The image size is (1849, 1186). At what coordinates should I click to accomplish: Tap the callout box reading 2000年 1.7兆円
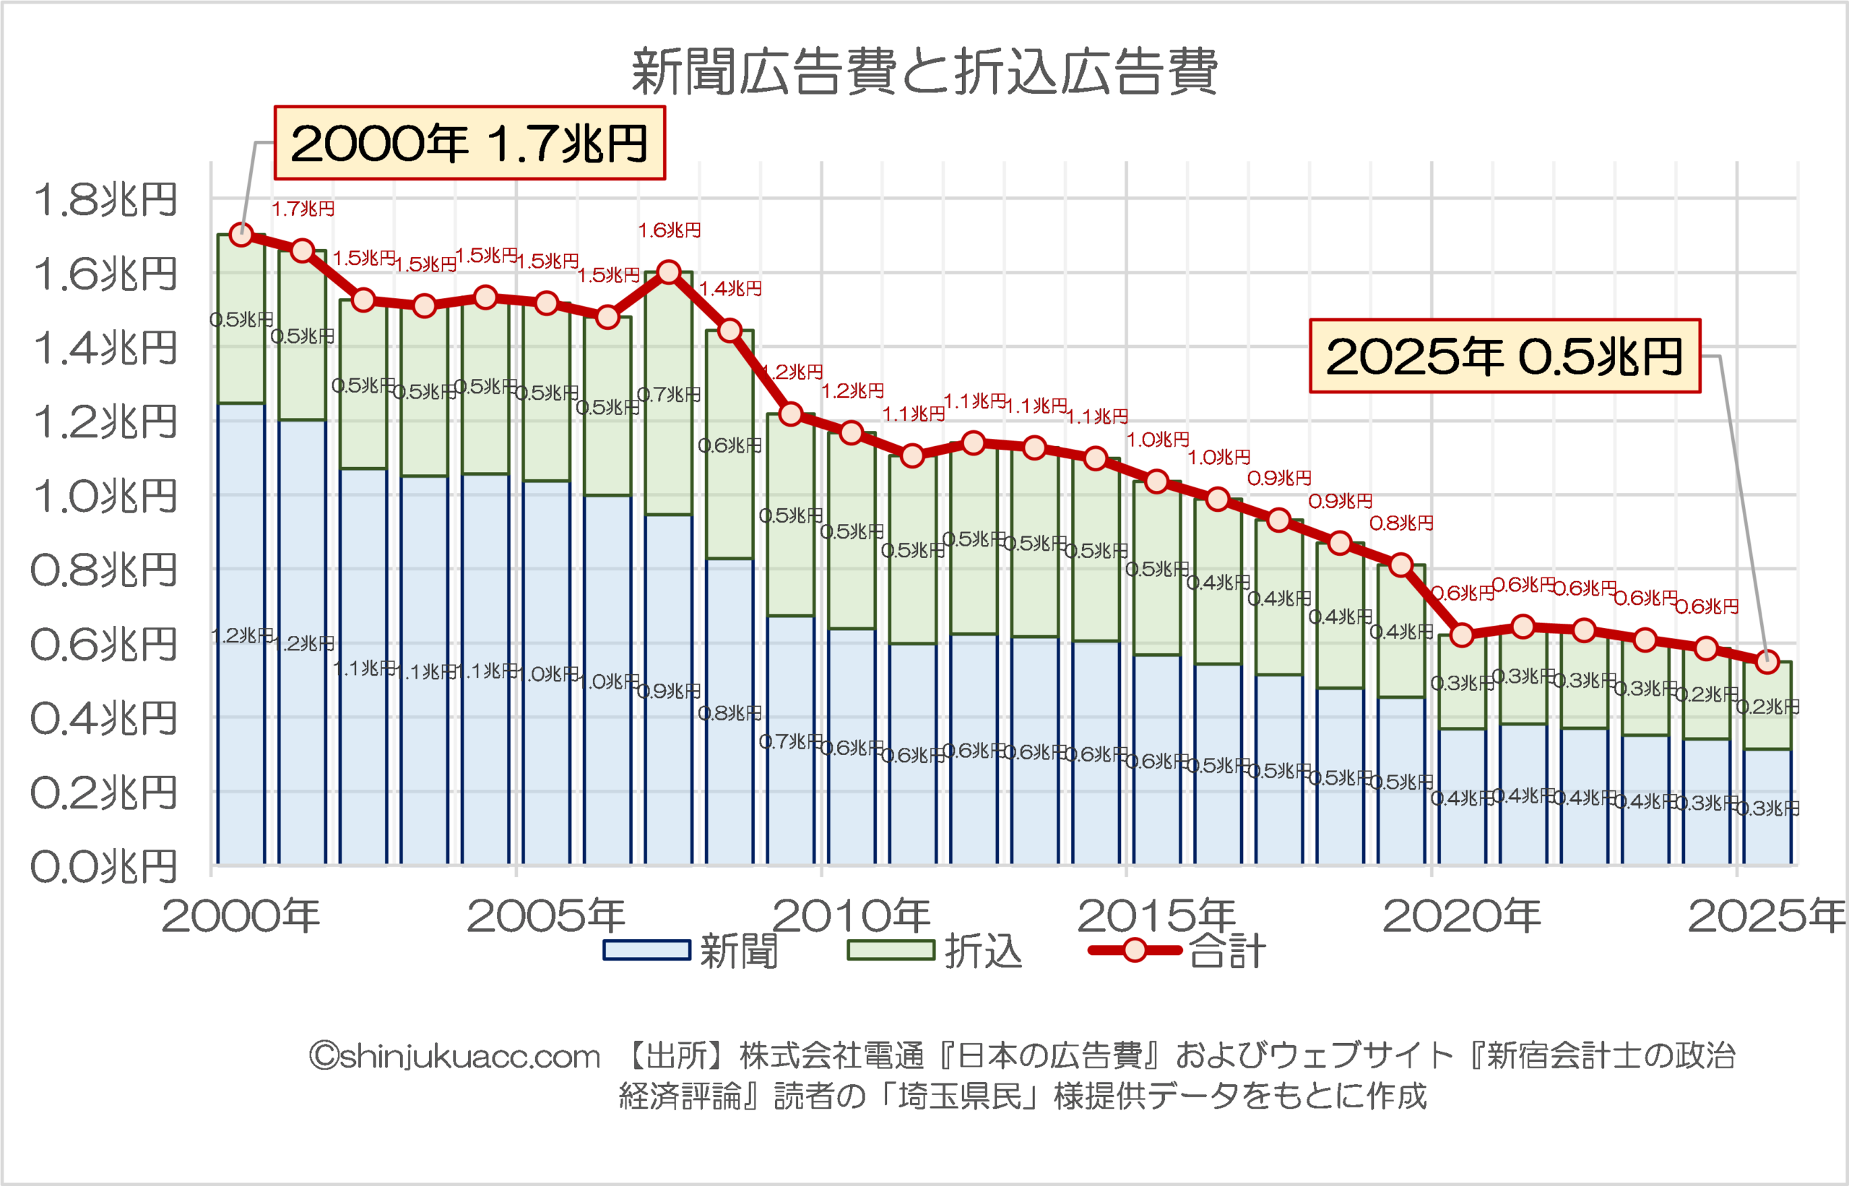pos(469,143)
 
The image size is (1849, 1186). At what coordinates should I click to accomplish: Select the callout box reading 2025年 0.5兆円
pos(1504,357)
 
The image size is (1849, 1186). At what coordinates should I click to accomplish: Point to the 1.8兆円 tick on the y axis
pos(105,199)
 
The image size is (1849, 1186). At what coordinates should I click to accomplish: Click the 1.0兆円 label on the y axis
pos(105,496)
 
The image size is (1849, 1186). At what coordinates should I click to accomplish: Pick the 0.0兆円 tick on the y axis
pos(105,866)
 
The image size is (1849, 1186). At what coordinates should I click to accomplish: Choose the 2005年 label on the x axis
pos(545,917)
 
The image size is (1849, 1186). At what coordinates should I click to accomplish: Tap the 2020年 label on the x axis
pos(1461,917)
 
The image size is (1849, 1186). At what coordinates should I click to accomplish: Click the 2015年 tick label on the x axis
pos(1156,917)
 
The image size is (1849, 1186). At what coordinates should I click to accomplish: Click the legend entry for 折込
pos(935,951)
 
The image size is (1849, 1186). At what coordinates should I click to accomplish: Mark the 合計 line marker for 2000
pos(241,234)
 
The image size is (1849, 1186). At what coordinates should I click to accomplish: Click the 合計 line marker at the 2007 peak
pos(669,272)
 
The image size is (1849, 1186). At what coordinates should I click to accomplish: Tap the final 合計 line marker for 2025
pos(1767,660)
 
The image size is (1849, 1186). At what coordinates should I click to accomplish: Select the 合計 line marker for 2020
pos(1461,635)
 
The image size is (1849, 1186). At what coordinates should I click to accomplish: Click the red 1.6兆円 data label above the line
pos(669,230)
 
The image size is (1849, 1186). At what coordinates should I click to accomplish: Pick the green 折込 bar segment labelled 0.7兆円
pos(669,395)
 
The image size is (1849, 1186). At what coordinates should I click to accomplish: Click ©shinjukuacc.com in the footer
pos(454,1057)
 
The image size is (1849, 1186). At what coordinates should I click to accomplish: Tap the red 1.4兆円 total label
pos(730,289)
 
